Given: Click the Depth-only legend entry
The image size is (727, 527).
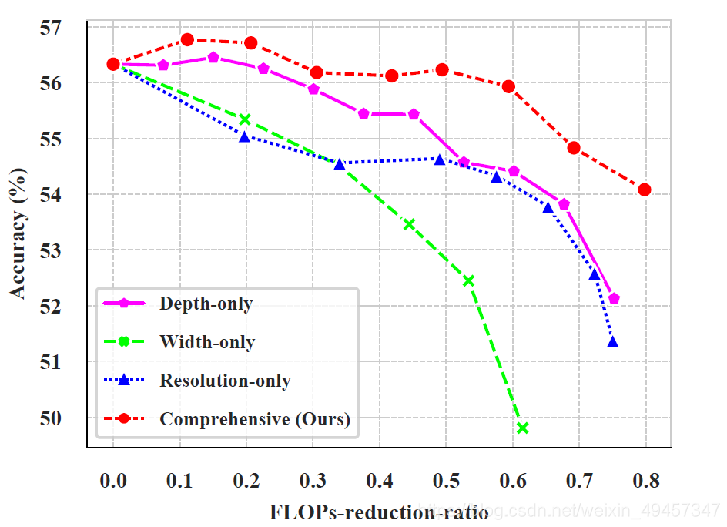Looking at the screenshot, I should [x=206, y=304].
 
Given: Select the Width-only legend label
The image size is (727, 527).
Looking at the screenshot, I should [x=207, y=342].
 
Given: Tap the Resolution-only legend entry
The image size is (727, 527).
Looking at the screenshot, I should [x=225, y=381].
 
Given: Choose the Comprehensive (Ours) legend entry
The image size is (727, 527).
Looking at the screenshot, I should [x=254, y=419].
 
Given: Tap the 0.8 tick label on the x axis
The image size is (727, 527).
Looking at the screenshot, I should [x=645, y=481].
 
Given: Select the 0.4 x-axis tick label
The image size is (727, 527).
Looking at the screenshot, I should [x=379, y=481].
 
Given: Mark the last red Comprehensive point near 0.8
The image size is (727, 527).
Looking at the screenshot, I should [x=645, y=190].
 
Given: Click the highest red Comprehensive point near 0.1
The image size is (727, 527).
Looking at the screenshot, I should [x=188, y=39].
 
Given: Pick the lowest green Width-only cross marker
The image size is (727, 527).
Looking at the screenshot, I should [x=523, y=428].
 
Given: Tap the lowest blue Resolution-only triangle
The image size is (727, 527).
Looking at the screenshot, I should [x=613, y=341].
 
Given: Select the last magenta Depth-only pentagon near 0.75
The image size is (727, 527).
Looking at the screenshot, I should [x=614, y=298].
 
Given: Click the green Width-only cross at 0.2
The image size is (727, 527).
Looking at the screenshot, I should [x=245, y=119].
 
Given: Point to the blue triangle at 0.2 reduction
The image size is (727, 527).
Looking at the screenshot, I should [x=245, y=137].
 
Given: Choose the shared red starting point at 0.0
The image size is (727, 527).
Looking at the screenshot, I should [x=113, y=64].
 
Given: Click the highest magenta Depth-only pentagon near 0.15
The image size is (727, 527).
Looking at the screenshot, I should [x=213, y=58].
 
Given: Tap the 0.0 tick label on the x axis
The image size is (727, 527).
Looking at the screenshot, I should [x=113, y=481].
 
